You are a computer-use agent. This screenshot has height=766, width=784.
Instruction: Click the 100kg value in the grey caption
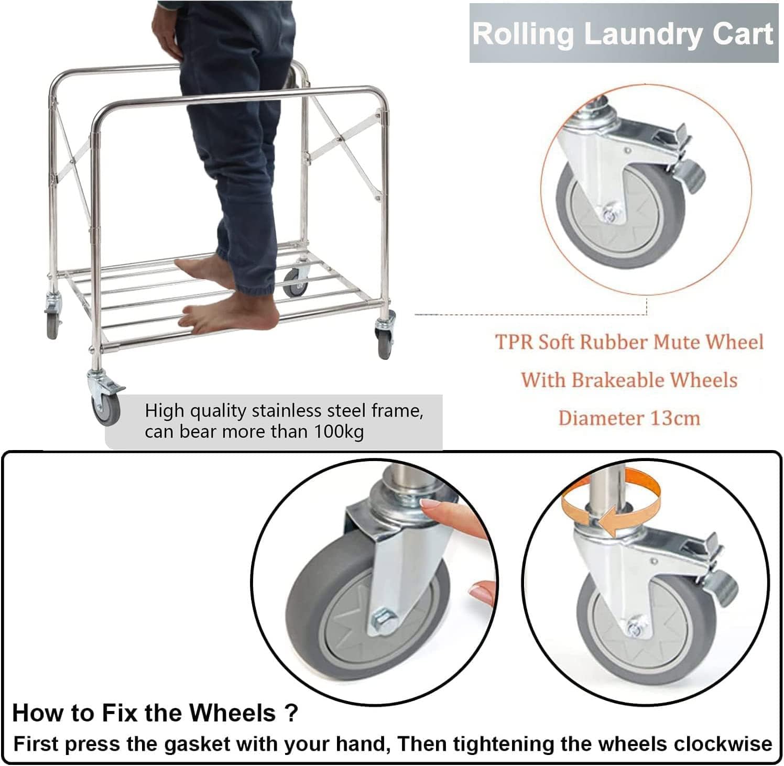tap(339, 432)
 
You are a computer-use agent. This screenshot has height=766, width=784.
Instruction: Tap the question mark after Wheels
tap(292, 713)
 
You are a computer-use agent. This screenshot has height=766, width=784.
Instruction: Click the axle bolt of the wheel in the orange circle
tap(610, 213)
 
